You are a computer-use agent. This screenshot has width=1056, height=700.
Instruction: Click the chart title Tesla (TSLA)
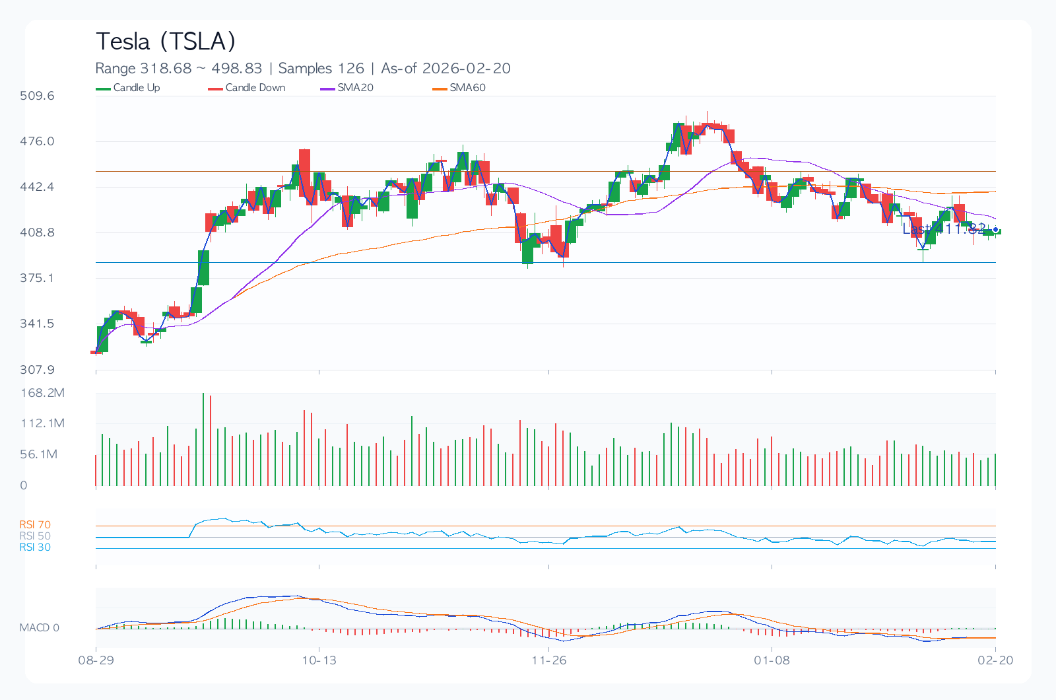tap(166, 42)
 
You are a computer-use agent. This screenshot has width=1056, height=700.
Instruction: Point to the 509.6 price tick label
tap(37, 96)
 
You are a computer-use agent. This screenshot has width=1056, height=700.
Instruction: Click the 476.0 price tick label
tap(37, 141)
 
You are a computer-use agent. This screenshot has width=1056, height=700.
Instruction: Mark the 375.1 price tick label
tap(37, 278)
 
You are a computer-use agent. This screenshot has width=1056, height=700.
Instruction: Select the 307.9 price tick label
tap(37, 369)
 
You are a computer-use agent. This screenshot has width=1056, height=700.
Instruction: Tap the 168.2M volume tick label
tap(42, 393)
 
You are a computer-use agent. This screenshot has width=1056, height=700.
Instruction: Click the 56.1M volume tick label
tap(39, 454)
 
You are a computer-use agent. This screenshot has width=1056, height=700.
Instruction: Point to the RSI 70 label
tap(35, 525)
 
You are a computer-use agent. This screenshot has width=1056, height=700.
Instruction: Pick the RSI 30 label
tap(35, 547)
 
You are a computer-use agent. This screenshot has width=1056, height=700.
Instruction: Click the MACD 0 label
tap(39, 627)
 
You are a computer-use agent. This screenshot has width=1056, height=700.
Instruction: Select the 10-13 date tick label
tap(319, 660)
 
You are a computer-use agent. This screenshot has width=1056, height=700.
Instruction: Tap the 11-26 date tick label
tap(548, 660)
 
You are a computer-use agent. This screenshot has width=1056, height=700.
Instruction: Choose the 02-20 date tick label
tap(995, 660)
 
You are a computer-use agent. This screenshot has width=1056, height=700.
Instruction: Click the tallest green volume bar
tap(203, 439)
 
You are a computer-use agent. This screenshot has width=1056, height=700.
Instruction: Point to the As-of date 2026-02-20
tap(466, 69)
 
